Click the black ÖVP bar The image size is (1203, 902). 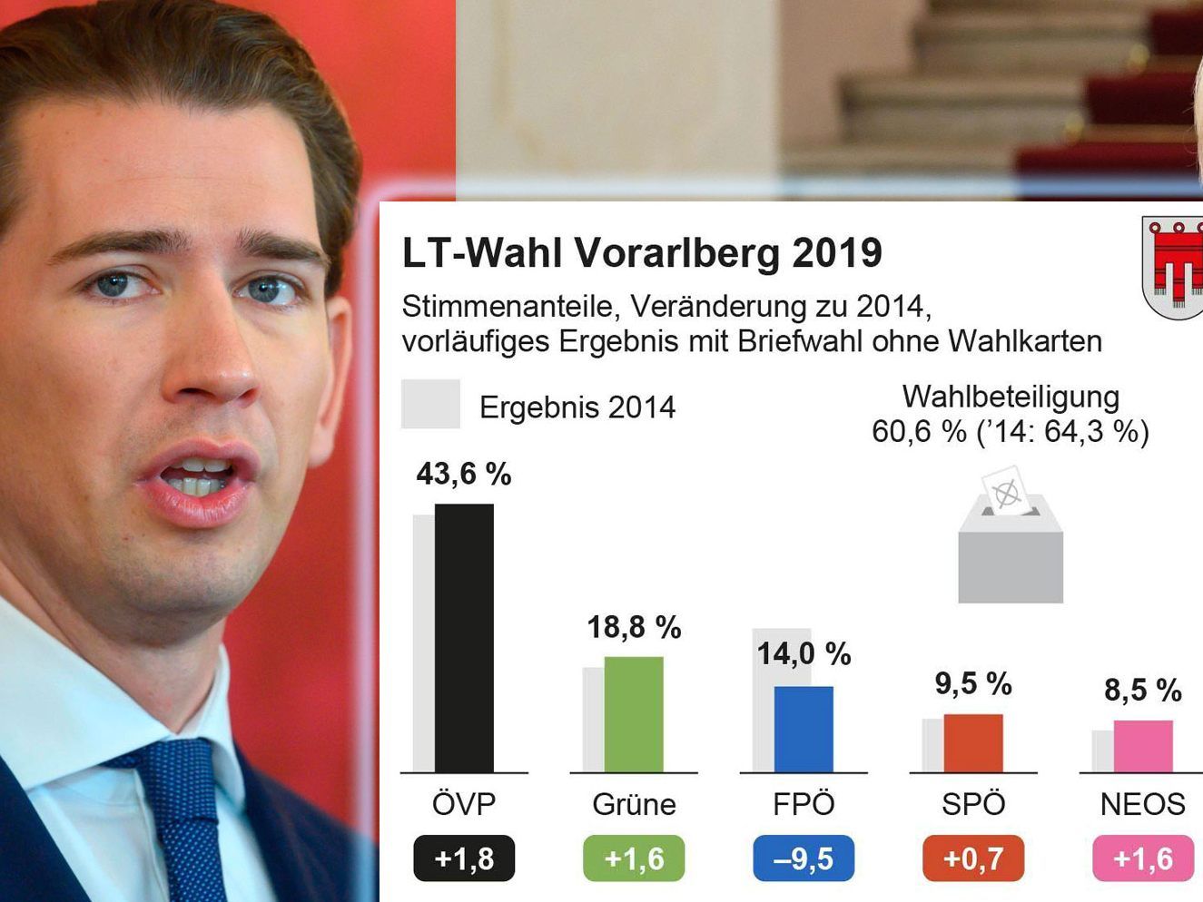(464, 638)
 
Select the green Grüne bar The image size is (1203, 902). (634, 714)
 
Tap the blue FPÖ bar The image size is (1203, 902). (804, 729)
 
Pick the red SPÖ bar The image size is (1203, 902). (973, 743)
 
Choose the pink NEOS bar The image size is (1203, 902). (1143, 746)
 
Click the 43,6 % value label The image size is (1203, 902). (464, 474)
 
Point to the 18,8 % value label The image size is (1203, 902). (634, 627)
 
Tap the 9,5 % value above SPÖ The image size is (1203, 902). (973, 683)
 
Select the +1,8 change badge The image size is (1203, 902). (464, 858)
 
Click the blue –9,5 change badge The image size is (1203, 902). (804, 858)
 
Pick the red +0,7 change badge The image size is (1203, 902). (973, 858)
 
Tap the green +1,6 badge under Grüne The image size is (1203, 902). (634, 858)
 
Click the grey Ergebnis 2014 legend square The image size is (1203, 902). (430, 404)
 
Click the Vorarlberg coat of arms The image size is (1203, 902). (1173, 268)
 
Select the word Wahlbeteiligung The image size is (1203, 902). (1011, 397)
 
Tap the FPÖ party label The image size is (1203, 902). (804, 804)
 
